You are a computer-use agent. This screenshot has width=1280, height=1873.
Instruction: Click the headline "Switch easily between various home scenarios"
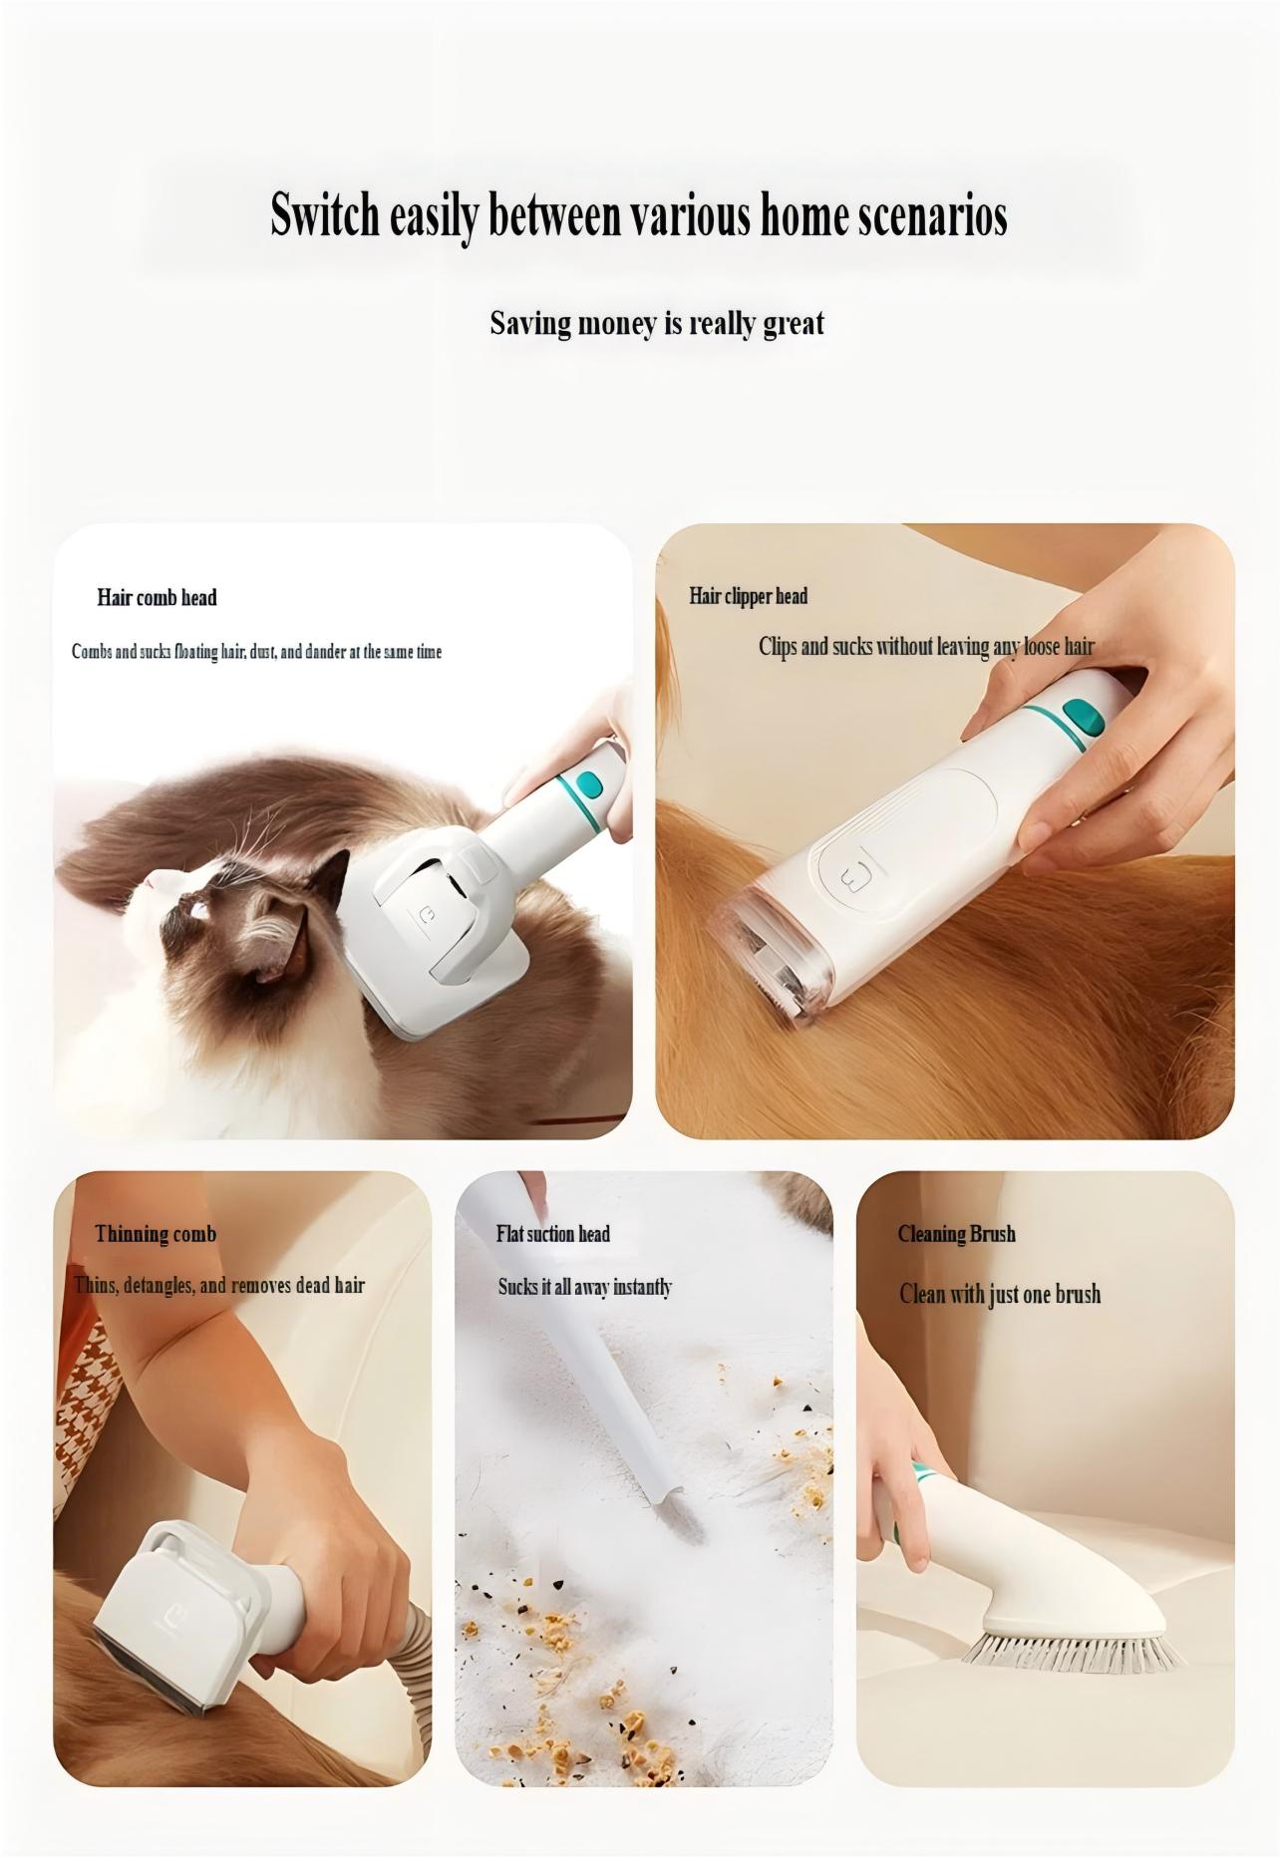click(639, 216)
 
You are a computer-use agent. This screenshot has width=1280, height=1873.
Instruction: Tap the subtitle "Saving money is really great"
click(657, 323)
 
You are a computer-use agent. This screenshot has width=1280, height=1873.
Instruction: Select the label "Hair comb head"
click(157, 597)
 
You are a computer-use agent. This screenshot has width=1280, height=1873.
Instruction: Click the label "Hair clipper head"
click(748, 596)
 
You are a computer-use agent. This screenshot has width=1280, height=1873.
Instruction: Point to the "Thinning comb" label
click(156, 1234)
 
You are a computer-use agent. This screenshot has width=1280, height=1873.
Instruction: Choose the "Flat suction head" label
click(552, 1234)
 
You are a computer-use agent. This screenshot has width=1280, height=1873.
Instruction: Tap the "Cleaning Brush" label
click(956, 1234)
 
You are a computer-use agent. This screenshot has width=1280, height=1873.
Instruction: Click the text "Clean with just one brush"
click(1000, 1294)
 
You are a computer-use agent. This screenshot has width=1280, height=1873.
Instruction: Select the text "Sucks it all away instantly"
click(585, 1287)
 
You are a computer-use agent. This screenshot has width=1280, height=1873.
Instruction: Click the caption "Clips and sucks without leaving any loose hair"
click(926, 647)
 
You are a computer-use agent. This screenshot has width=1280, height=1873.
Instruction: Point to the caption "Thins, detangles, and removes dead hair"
click(219, 1285)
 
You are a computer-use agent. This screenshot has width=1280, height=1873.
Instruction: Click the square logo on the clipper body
click(848, 878)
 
